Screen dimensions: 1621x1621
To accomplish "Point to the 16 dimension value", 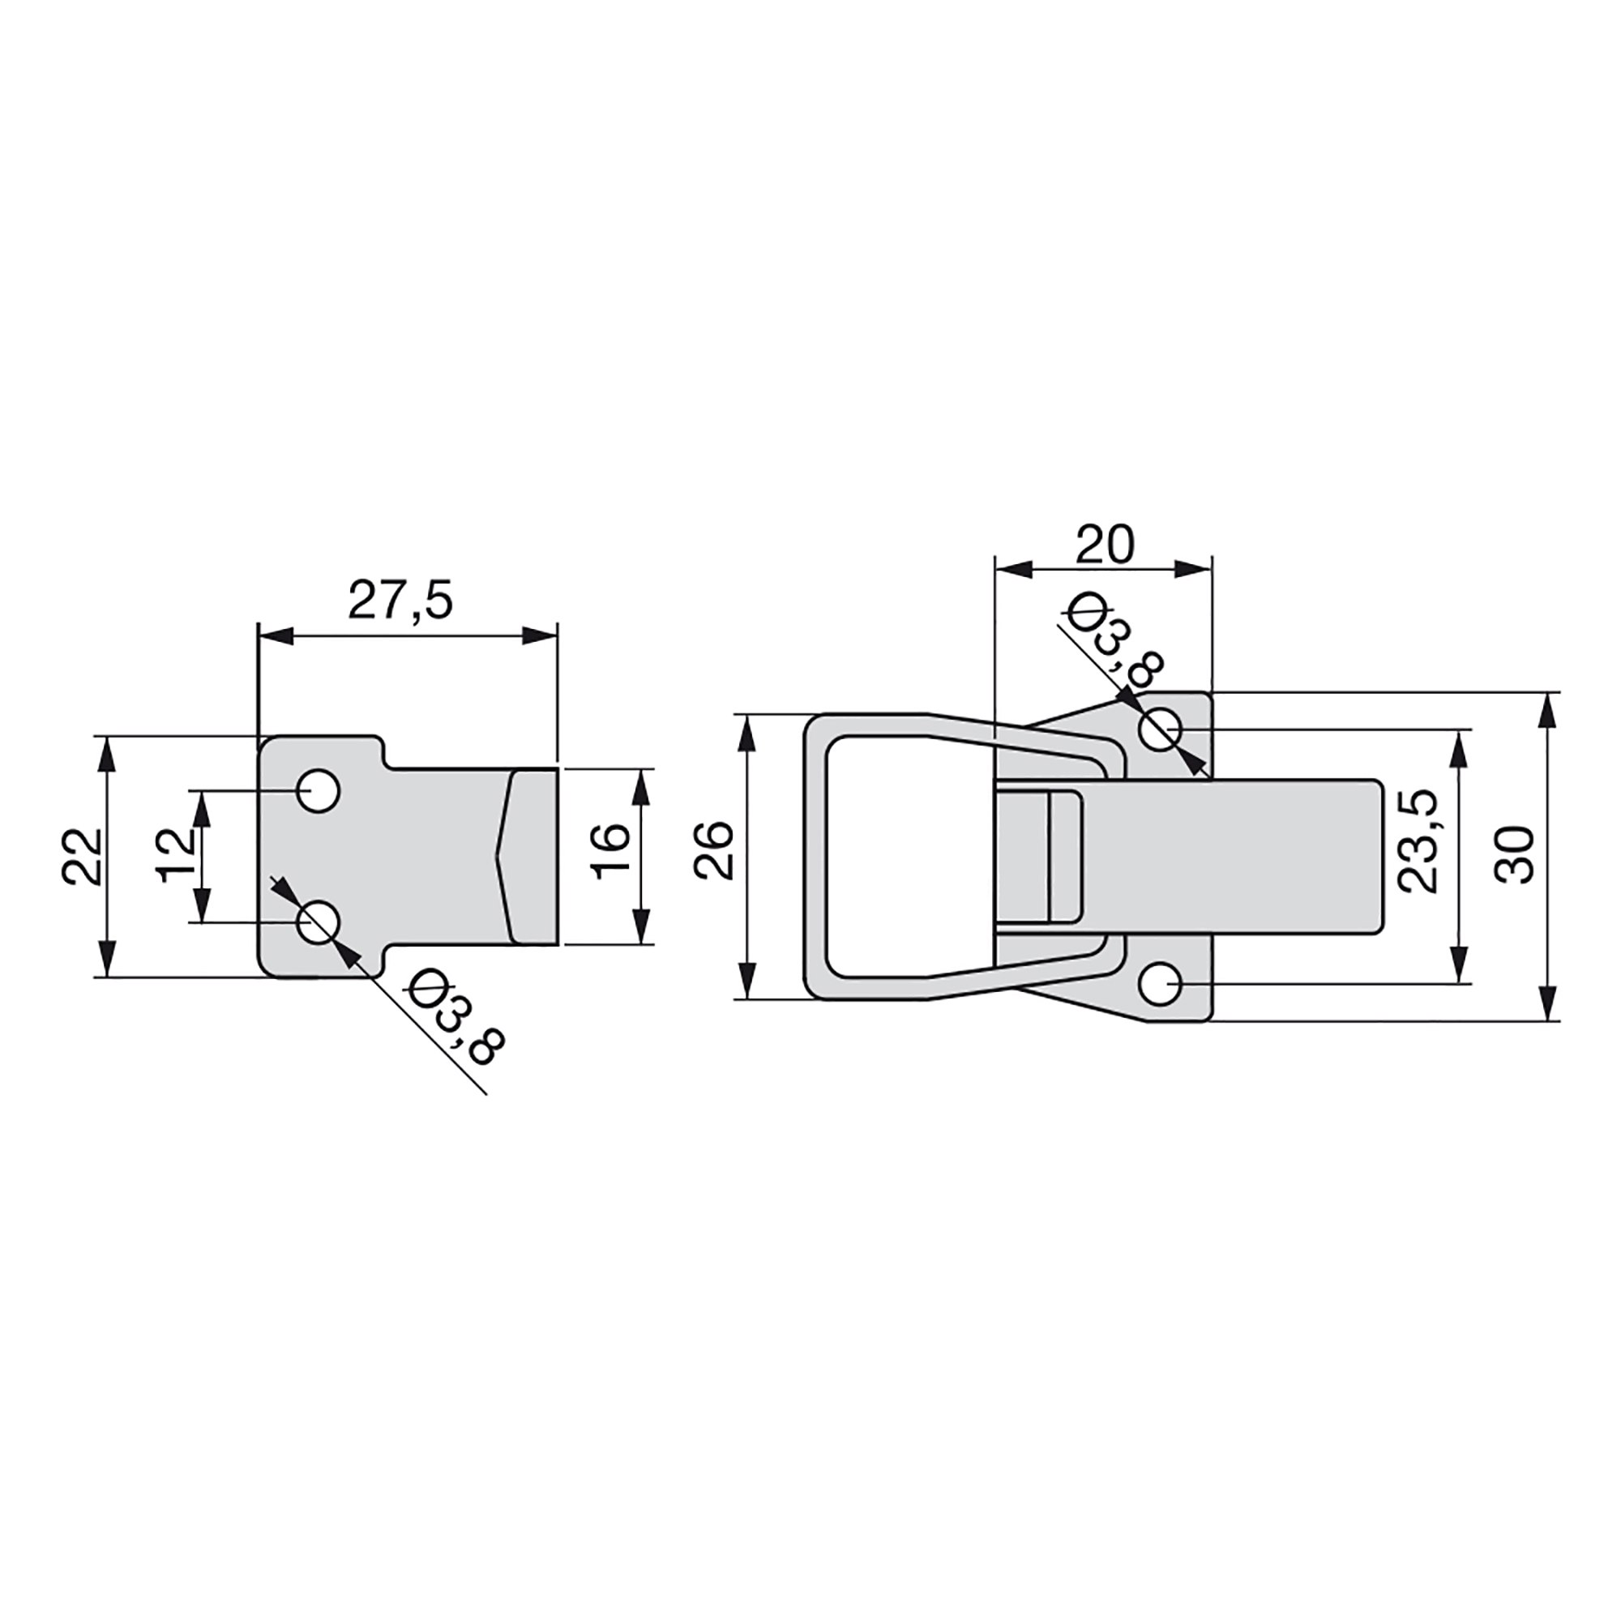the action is point(611,852).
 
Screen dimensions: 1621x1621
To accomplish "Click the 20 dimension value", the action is point(1105,545).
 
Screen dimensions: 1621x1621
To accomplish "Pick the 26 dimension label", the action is point(715,851).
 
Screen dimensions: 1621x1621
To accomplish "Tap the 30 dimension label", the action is point(1516,854).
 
